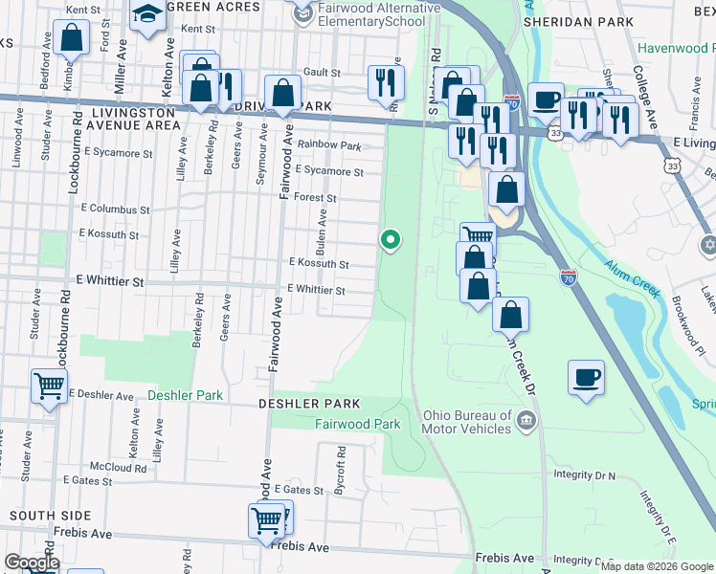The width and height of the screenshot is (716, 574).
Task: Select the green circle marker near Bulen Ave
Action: pyautogui.click(x=390, y=239)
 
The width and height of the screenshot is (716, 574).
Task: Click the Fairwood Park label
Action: pyautogui.click(x=358, y=423)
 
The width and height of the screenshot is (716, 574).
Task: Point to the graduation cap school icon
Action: pyautogui.click(x=148, y=14)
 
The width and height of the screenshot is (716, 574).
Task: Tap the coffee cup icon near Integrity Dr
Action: pyautogui.click(x=586, y=376)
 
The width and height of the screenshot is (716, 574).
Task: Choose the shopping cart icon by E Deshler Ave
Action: pyautogui.click(x=48, y=386)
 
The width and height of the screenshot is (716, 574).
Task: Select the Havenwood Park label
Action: pyautogui.click(x=676, y=48)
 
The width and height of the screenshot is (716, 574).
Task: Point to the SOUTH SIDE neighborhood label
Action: pyautogui.click(x=36, y=516)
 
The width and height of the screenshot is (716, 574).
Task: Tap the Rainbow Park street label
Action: pyautogui.click(x=328, y=145)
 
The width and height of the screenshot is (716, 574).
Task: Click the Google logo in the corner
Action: pyautogui.click(x=31, y=563)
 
